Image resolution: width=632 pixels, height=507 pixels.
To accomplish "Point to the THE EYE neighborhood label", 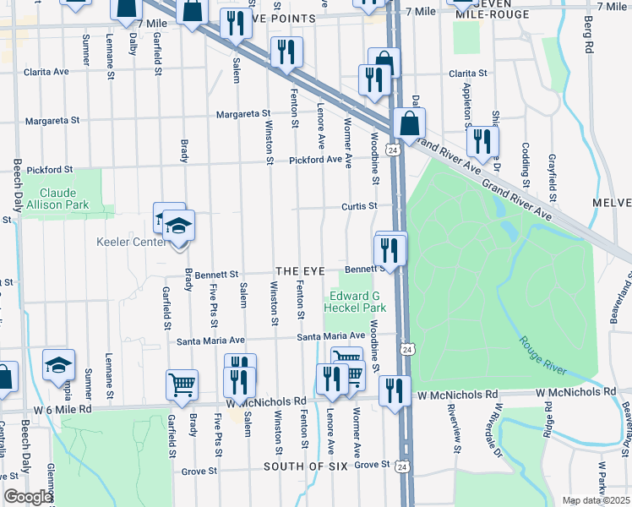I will pyautogui.click(x=299, y=270).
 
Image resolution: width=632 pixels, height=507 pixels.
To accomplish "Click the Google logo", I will pyautogui.click(x=28, y=497).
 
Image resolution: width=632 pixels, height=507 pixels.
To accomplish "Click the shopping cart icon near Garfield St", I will pyautogui.click(x=183, y=385).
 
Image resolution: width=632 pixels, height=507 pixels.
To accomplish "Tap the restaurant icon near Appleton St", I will pyautogui.click(x=482, y=141).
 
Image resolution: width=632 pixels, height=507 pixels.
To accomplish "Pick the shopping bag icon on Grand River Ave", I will pyautogui.click(x=409, y=123).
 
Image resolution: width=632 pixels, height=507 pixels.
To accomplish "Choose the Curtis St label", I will pyautogui.click(x=359, y=204).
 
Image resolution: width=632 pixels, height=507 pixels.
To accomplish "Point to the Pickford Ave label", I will pyautogui.click(x=315, y=160).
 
